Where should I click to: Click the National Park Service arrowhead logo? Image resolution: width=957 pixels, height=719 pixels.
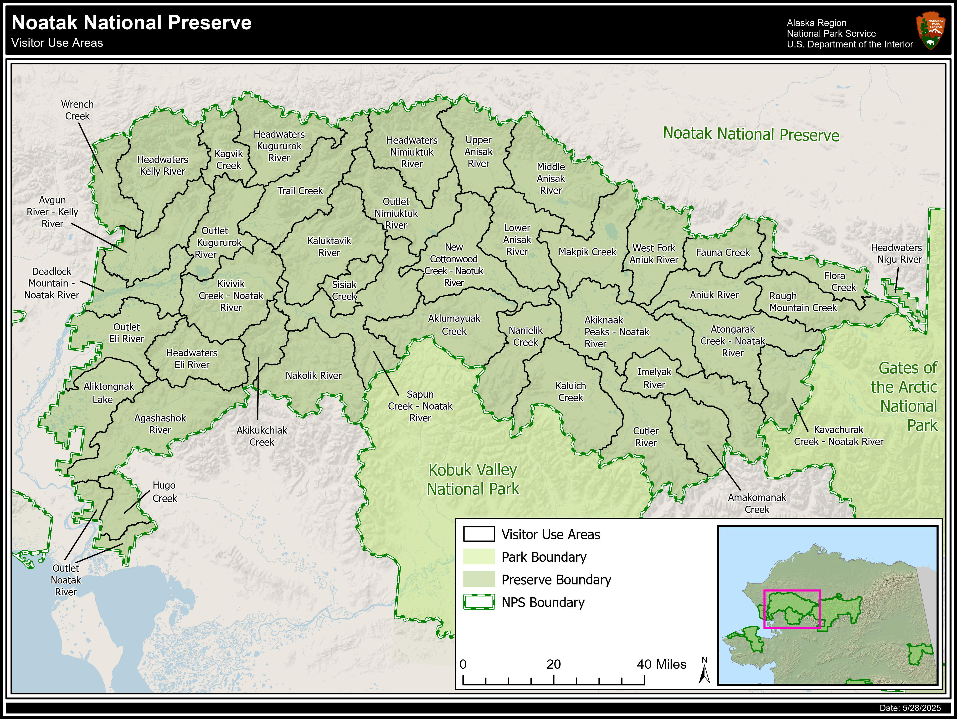point(930,30)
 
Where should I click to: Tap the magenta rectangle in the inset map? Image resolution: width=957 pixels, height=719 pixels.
point(792,609)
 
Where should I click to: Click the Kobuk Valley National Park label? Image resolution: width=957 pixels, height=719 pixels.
point(473,479)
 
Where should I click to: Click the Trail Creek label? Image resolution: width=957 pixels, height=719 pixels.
point(300,191)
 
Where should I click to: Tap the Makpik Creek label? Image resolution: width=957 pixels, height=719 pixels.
point(587,252)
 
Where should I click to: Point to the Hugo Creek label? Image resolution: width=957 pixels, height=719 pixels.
point(165,492)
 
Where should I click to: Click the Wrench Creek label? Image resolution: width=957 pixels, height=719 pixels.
point(77,110)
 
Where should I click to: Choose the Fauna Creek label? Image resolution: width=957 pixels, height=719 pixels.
point(722,252)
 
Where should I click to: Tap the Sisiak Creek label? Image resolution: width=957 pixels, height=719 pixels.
point(344,290)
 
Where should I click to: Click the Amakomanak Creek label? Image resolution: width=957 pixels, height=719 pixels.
point(757,503)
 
